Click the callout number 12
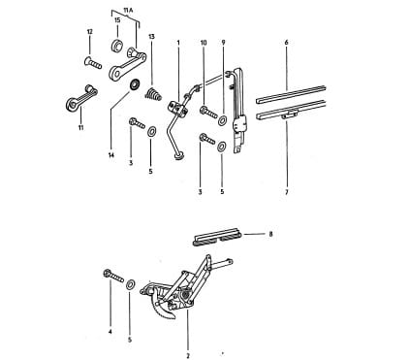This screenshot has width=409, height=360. pyautogui.click(x=89, y=32)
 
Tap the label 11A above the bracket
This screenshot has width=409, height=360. pyautogui.click(x=128, y=11)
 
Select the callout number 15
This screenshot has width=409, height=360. pyautogui.click(x=117, y=20)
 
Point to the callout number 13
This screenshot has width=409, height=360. pyautogui.click(x=151, y=37)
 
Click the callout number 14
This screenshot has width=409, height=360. pyautogui.click(x=111, y=155)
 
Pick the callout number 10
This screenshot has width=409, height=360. pyautogui.click(x=204, y=43)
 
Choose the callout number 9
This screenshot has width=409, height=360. pyautogui.click(x=223, y=43)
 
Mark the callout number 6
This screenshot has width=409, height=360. pyautogui.click(x=286, y=43)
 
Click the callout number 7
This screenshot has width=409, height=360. pyautogui.click(x=286, y=192)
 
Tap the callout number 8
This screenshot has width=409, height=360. pyautogui.click(x=270, y=234)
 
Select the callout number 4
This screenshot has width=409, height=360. pyautogui.click(x=110, y=332)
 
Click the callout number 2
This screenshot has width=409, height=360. pyautogui.click(x=188, y=356)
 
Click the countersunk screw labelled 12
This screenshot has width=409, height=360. pyautogui.click(x=93, y=63)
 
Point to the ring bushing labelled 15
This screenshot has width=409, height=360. pyautogui.click(x=117, y=46)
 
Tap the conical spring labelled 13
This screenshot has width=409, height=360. pyautogui.click(x=153, y=93)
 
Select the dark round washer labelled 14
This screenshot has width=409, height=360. pyautogui.click(x=135, y=84)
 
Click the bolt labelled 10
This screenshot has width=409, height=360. pyautogui.click(x=208, y=113)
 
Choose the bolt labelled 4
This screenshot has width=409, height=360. pyautogui.click(x=113, y=276)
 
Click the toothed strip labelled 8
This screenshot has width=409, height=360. pyautogui.click(x=217, y=239)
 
